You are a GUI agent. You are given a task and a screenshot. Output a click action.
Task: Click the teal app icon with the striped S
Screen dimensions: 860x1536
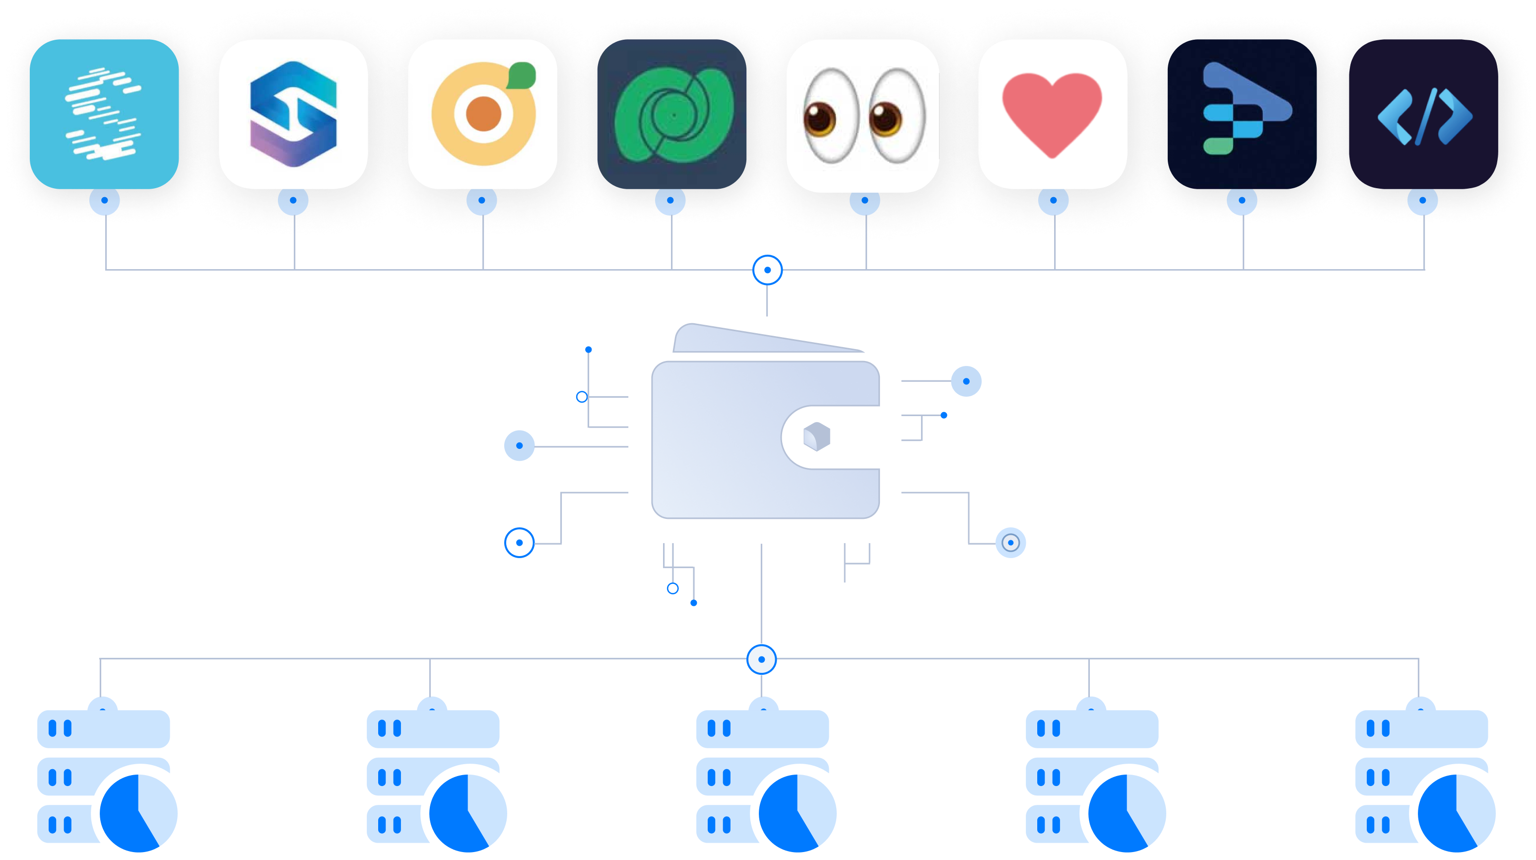[104, 114]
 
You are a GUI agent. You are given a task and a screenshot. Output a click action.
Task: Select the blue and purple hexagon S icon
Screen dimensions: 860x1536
[293, 114]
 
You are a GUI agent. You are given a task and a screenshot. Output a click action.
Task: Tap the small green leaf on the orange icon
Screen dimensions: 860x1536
[522, 75]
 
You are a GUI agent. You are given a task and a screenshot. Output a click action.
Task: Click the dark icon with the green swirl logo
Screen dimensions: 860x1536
[671, 114]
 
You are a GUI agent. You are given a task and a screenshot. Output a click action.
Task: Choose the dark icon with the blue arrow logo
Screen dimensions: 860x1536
[1242, 114]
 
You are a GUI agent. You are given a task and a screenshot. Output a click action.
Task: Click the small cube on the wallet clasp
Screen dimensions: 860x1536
[816, 436]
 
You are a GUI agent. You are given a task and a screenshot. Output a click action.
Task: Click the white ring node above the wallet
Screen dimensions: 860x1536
[767, 270]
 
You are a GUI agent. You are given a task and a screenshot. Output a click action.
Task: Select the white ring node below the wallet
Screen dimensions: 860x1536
[761, 659]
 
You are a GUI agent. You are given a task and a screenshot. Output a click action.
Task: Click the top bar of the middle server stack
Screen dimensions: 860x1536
[763, 729]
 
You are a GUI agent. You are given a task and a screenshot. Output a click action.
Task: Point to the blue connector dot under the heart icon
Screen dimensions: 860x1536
[1053, 201]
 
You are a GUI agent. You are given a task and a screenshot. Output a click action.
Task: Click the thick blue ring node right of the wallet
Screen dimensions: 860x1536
[1011, 543]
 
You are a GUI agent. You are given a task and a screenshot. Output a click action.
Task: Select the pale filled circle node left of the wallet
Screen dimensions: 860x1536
[519, 445]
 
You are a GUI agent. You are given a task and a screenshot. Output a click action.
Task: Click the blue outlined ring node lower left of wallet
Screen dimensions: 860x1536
[519, 543]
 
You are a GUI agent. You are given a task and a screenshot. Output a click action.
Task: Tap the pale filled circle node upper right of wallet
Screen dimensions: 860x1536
[966, 381]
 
